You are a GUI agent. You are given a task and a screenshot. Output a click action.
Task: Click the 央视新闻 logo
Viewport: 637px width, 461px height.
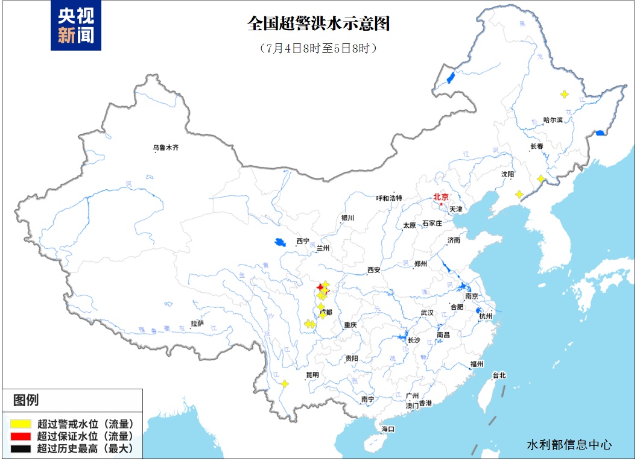(76, 25)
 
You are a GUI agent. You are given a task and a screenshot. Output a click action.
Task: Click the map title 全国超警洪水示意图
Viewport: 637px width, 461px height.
(319, 24)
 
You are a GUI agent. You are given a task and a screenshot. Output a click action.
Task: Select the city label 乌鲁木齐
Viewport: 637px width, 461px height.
(166, 147)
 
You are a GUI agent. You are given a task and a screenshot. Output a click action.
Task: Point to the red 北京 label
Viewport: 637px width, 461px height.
(441, 196)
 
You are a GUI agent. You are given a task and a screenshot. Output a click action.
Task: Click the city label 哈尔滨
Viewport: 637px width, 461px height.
(553, 120)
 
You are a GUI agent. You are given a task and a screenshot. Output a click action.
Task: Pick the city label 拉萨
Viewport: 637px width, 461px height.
(198, 324)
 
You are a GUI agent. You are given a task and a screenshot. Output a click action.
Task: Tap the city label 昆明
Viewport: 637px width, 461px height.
(312, 375)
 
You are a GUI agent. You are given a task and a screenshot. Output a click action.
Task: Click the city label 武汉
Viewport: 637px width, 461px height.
(427, 313)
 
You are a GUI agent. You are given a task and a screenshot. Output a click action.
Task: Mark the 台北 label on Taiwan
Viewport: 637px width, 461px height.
(499, 375)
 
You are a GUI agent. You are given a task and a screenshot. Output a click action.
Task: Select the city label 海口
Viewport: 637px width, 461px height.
(387, 429)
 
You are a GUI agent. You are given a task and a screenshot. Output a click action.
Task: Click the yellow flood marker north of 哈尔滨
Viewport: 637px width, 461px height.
(564, 94)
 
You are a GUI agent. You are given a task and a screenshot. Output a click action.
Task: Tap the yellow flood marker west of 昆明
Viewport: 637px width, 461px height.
(284, 383)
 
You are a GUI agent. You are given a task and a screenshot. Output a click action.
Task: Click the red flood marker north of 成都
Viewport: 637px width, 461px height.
(320, 287)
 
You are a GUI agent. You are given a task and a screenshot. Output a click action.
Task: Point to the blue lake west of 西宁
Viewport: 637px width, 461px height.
(279, 242)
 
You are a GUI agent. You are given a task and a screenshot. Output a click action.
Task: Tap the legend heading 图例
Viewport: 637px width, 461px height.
(26, 400)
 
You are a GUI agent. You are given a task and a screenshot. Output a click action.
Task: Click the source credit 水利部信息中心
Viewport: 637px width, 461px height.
(569, 445)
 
